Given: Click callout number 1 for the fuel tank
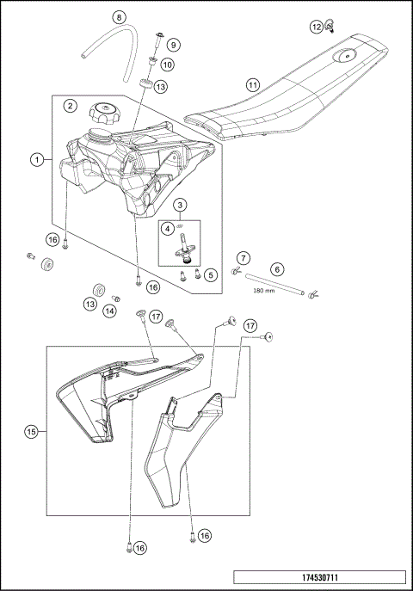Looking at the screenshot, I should (36, 159).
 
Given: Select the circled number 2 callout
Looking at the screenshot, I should (71, 106).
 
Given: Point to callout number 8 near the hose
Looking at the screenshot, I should (120, 17).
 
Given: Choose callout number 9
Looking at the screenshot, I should (173, 45).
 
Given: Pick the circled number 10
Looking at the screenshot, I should (167, 64).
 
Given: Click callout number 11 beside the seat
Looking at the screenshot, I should (252, 86).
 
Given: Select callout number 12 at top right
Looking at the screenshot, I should (317, 28).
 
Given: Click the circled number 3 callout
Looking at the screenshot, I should (179, 205).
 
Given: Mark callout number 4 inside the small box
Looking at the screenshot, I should (169, 229).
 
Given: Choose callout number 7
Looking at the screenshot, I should (244, 258).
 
